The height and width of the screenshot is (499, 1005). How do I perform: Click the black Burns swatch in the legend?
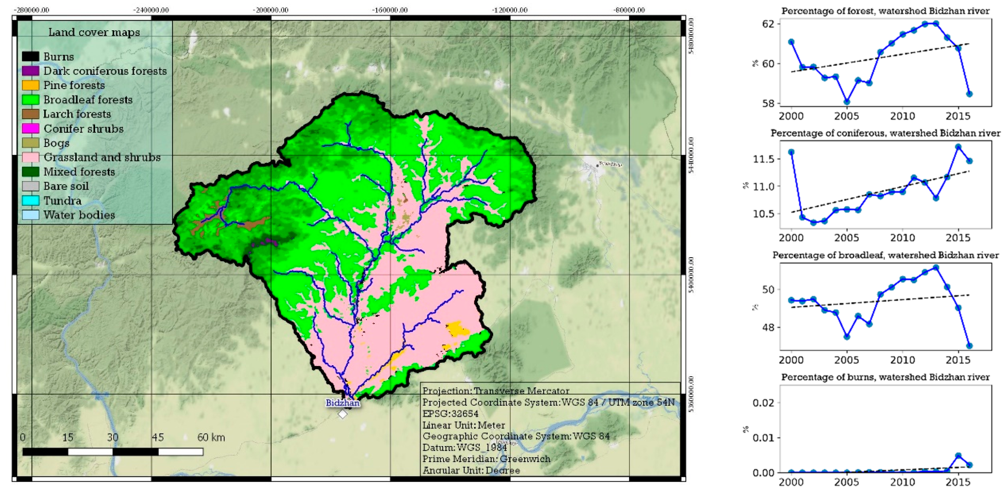tap(31, 57)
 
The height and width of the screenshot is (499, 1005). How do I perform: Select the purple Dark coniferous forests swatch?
tap(31, 71)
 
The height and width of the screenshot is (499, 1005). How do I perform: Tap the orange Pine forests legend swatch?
tap(31, 85)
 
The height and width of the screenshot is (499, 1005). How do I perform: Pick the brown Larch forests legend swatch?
tap(31, 114)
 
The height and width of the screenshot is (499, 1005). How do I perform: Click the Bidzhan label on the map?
tap(343, 403)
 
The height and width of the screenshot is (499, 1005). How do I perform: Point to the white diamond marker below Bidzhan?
tap(343, 414)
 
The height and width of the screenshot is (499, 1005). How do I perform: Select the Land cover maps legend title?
tap(94, 32)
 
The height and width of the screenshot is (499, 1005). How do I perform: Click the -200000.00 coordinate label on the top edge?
tap(271, 10)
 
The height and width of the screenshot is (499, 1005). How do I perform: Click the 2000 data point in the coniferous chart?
tap(791, 152)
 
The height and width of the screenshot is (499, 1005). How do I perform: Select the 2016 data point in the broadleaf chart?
tap(970, 346)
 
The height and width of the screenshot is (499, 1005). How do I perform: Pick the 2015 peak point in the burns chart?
tap(958, 456)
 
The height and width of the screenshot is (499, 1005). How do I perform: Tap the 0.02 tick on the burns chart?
tap(763, 403)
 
